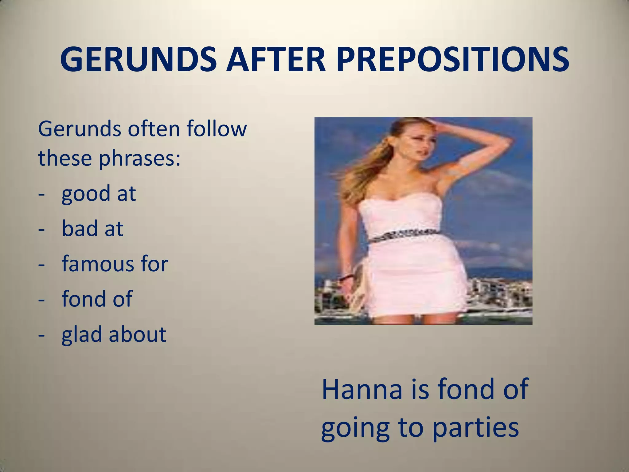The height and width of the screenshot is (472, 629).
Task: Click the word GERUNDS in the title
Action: pyautogui.click(x=138, y=59)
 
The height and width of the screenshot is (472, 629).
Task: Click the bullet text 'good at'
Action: pyautogui.click(x=98, y=194)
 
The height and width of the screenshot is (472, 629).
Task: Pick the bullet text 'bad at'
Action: pyautogui.click(x=92, y=229)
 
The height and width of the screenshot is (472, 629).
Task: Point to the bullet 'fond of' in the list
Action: pyautogui.click(x=97, y=299)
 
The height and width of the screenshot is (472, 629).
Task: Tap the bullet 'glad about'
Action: pyautogui.click(x=114, y=334)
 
